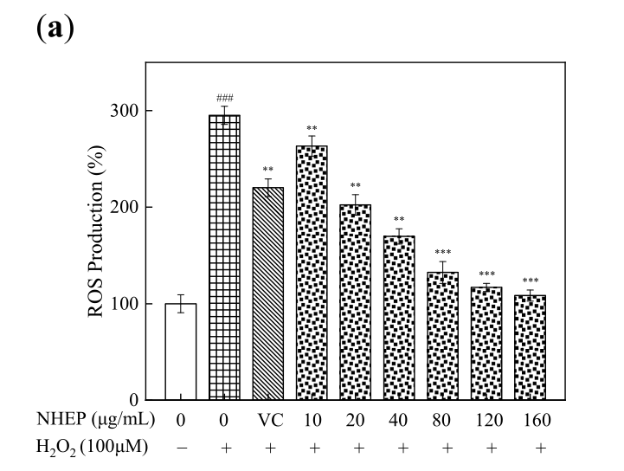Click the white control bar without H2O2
click(180, 352)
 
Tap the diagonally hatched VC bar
click(268, 294)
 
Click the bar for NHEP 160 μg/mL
click(530, 347)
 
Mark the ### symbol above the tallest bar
click(224, 99)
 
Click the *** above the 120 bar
click(486, 274)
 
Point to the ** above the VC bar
click(268, 170)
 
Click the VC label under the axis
click(268, 421)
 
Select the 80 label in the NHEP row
click(442, 421)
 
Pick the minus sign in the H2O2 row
click(180, 447)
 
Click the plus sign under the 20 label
click(355, 447)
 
